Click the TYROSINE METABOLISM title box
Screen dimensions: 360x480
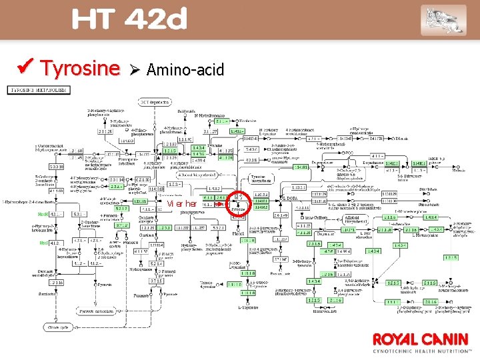pyautogui.click(x=38, y=89)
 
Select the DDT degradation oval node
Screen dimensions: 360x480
pyautogui.click(x=154, y=101)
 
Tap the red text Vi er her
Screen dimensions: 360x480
pyautogui.click(x=181, y=203)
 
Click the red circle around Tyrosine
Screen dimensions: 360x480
pyautogui.click(x=239, y=203)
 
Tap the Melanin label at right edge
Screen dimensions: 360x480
pyautogui.click(x=459, y=170)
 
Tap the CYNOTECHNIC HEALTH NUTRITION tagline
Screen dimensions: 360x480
pyautogui.click(x=421, y=351)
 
